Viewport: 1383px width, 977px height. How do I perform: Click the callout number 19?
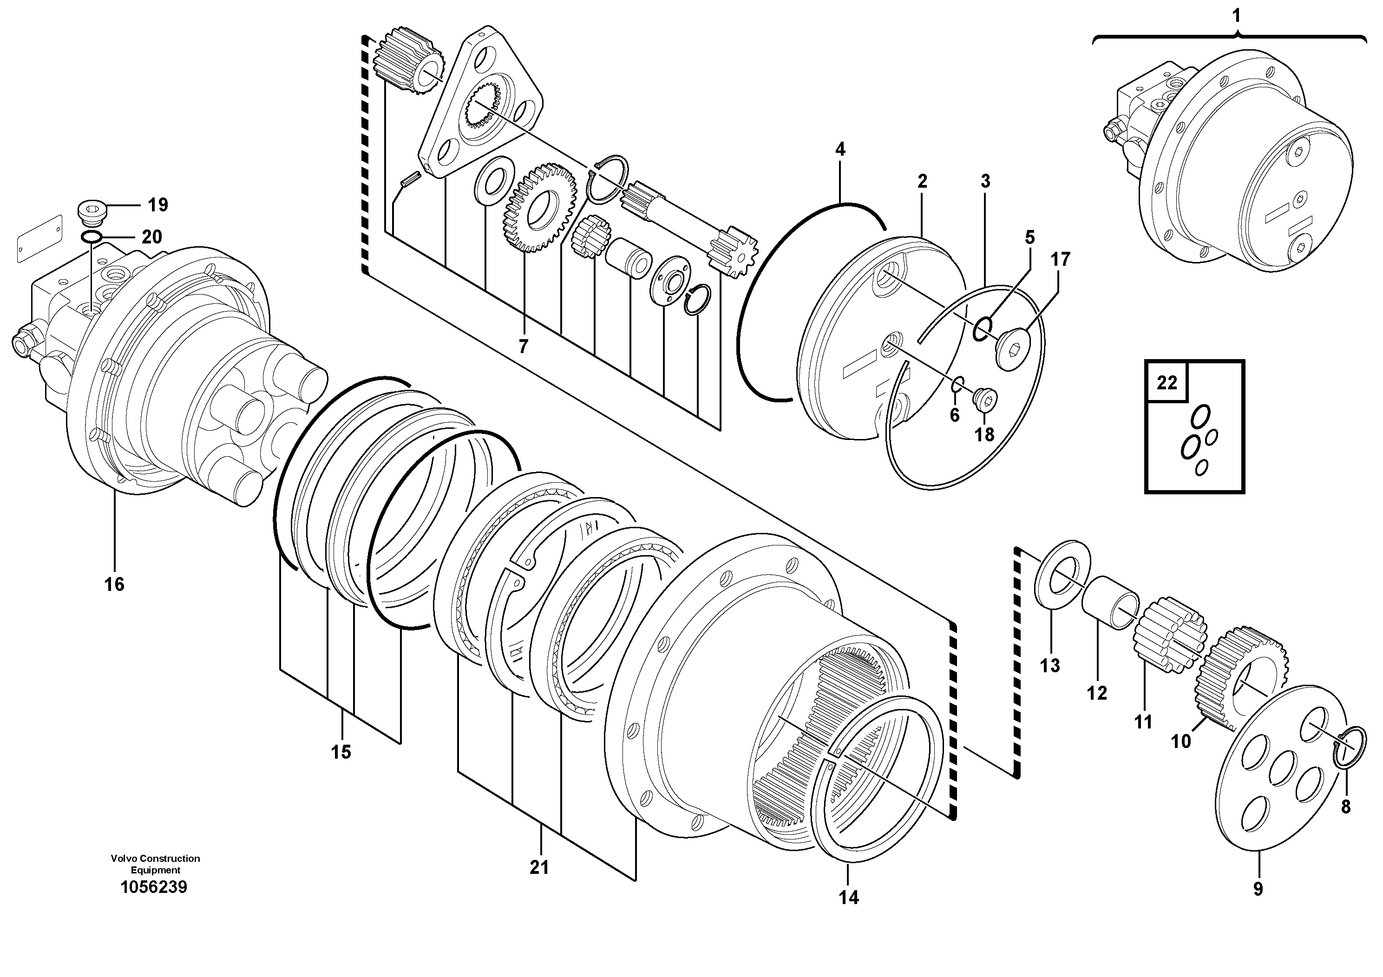pos(158,205)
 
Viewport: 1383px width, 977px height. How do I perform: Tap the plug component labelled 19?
pos(92,213)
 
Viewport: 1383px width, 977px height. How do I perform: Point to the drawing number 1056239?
pos(154,887)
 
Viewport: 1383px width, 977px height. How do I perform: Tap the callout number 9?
pos(1258,889)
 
